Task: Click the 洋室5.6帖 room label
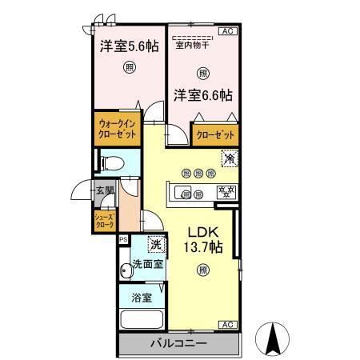pos(128,47)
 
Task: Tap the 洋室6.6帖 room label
pos(203,95)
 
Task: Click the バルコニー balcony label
pos(178,343)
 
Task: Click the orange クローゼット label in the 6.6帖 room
pos(216,134)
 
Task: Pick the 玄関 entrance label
pos(105,190)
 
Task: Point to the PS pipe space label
pos(123,238)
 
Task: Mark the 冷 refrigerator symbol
pos(230,158)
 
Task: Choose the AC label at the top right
pos(226,30)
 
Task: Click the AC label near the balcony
pos(226,324)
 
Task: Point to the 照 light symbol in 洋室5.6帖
pos(129,68)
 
